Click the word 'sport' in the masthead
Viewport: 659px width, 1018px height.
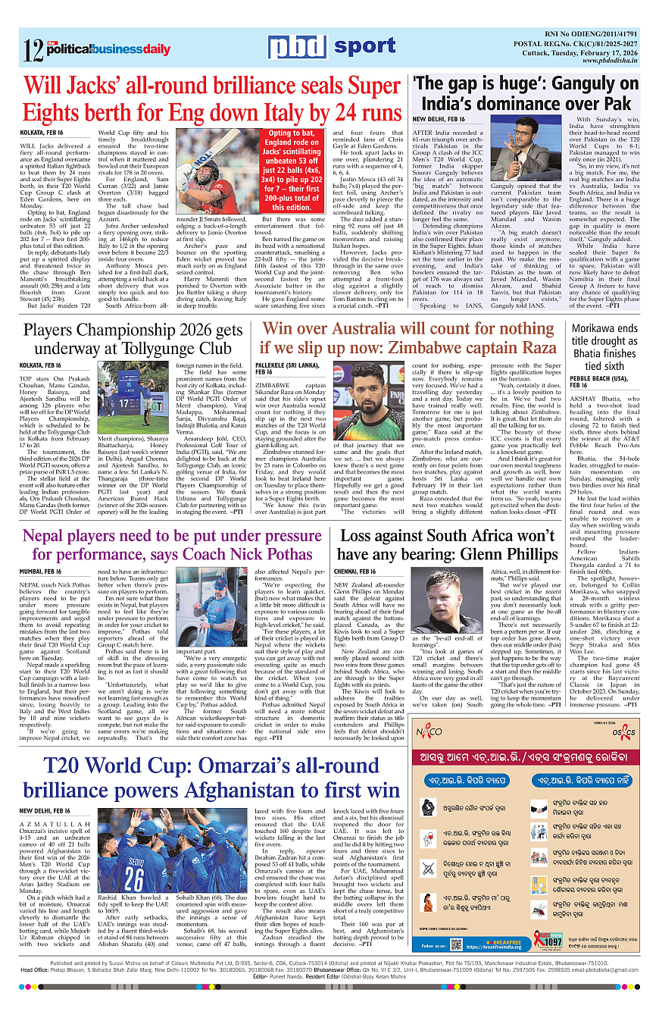coord(364,47)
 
